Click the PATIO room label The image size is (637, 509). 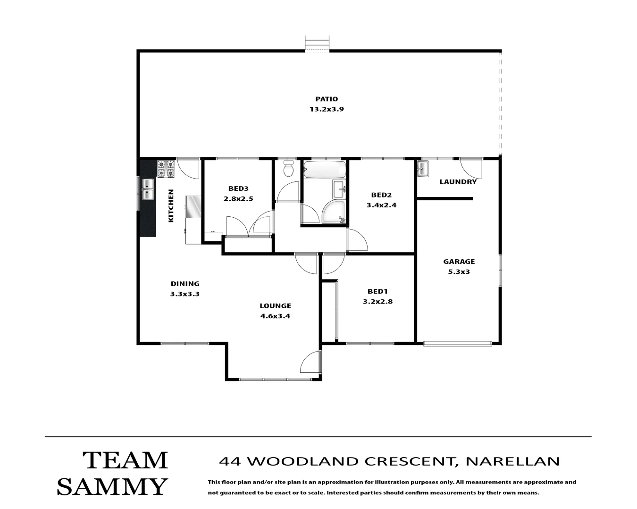(x=327, y=99)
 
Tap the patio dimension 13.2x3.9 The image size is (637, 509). (x=327, y=109)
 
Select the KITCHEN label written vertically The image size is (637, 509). (x=171, y=206)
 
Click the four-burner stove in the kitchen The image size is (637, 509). (x=166, y=169)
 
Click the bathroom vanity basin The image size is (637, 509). (x=339, y=189)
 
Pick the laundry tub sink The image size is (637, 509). (x=422, y=169)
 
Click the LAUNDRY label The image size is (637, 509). (x=458, y=182)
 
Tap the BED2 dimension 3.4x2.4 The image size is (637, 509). (x=381, y=205)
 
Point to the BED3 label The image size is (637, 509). (x=238, y=189)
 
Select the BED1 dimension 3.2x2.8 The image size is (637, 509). (x=377, y=302)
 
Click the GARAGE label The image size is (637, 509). (x=459, y=262)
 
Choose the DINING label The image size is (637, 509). (x=185, y=284)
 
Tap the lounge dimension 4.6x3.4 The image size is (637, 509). (x=275, y=316)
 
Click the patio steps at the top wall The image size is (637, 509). (x=317, y=43)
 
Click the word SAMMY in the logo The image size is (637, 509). (x=112, y=486)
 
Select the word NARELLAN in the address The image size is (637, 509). (x=512, y=461)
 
